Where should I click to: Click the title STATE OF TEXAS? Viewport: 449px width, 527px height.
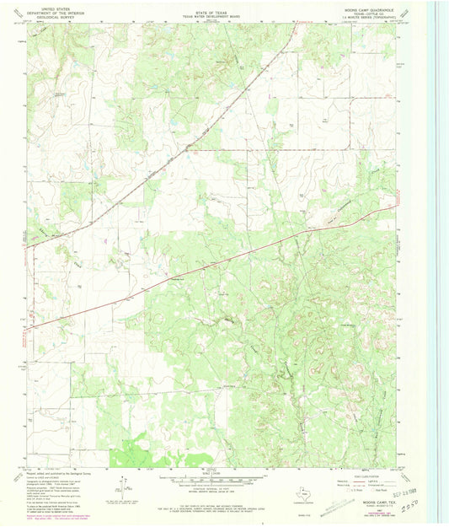point(211,6)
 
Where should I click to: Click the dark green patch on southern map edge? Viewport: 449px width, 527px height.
point(126,455)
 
